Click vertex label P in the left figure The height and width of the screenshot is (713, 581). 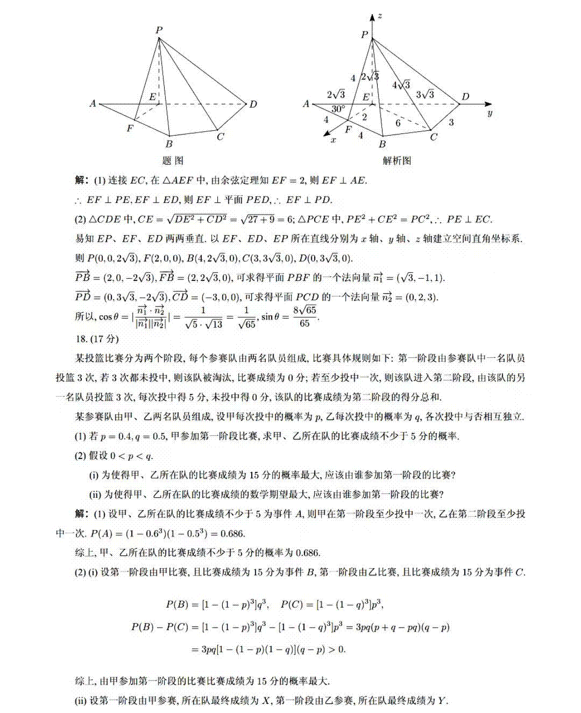(159, 30)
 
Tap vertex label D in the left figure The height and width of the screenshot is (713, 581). (253, 104)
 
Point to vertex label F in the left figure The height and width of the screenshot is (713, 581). (130, 128)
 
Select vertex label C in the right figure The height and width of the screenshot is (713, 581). (433, 137)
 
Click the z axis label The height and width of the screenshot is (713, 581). (380, 16)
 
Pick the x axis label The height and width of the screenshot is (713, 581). (333, 140)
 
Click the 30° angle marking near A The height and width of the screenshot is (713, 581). (337, 109)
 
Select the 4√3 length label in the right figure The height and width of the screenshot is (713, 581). (401, 85)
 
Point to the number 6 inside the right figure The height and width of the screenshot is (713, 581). (398, 123)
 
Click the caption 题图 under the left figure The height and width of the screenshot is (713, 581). (172, 161)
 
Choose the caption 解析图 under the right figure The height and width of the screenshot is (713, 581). (397, 161)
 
